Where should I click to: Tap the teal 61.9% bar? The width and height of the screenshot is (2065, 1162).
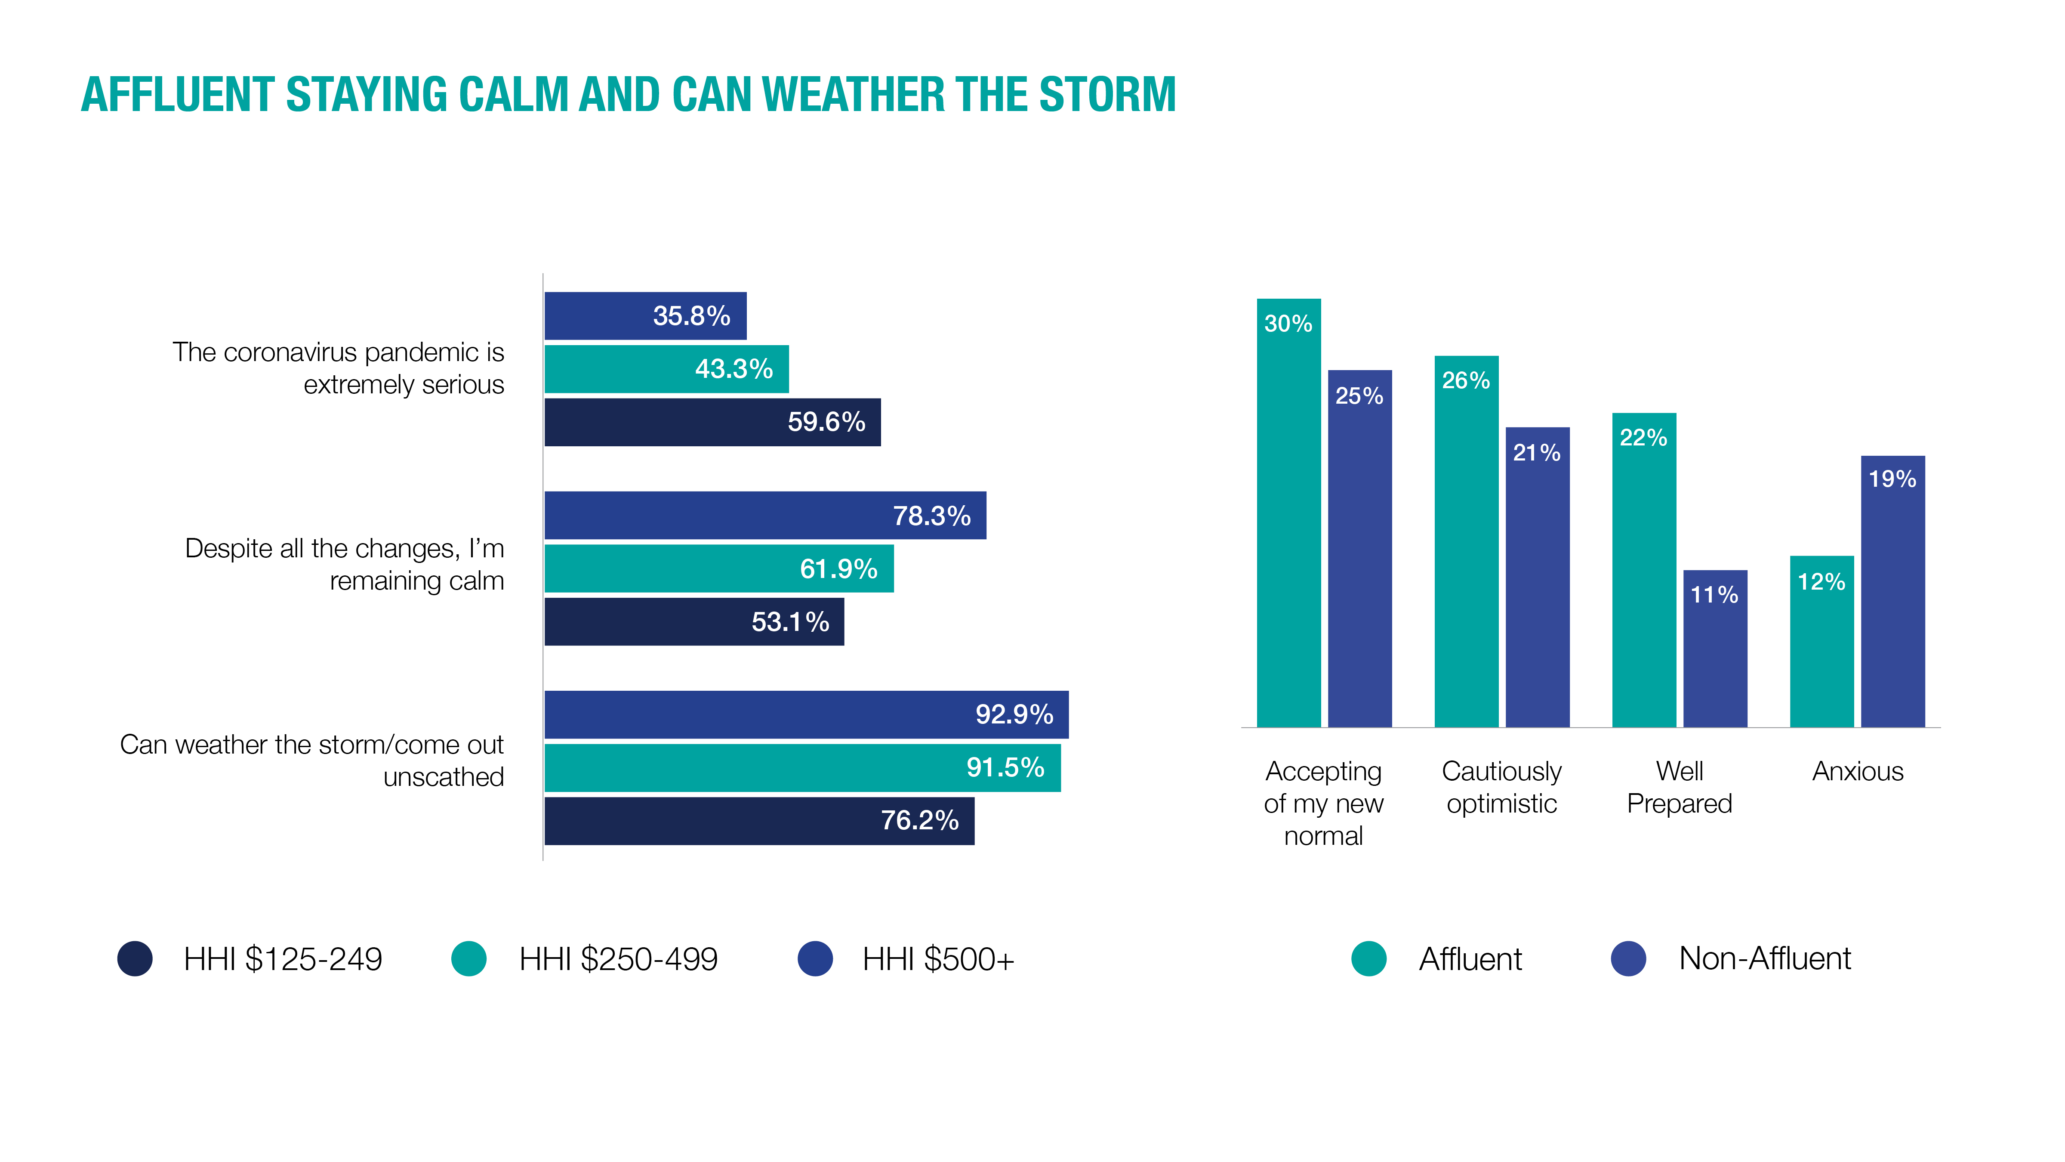point(718,569)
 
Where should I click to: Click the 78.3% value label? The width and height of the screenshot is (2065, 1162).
point(931,516)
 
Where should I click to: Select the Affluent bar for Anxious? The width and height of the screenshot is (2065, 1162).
point(1822,642)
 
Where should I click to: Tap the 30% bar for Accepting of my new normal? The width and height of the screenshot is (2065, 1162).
point(1288,513)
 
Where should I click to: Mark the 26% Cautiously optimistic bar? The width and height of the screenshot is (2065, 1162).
point(1466,541)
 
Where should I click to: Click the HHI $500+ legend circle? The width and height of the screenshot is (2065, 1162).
point(815,958)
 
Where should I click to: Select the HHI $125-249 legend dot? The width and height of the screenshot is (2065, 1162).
point(135,958)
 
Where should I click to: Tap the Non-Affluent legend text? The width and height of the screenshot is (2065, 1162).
point(1764,958)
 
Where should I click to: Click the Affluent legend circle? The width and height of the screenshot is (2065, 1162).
point(1368,958)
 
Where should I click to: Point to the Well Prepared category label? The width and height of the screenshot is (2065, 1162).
point(1680,787)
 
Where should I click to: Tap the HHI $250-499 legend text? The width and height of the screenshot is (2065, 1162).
point(618,958)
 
